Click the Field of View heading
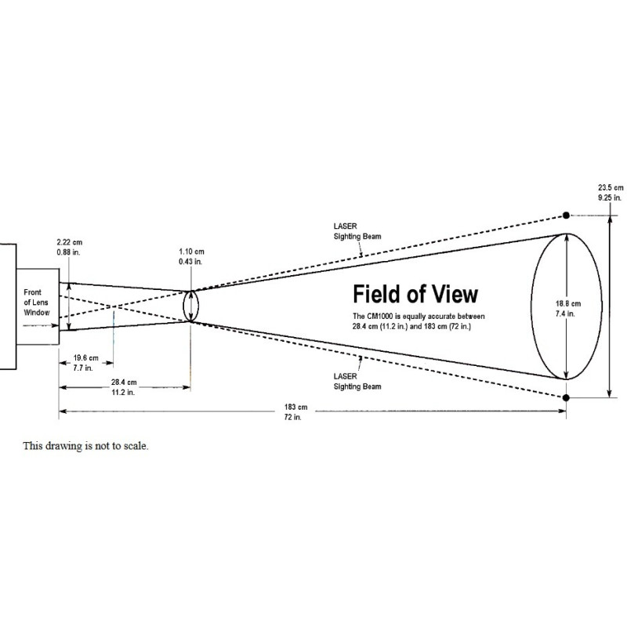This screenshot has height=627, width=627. pos(415,295)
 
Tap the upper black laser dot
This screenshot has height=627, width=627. pos(566,215)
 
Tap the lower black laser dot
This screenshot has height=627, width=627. pos(566,397)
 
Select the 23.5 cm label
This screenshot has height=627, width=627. pos(611,188)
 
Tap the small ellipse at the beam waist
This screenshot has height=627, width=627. pos(192,305)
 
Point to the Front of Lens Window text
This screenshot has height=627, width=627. pos(36,302)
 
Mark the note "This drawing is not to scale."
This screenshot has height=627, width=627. pos(85,446)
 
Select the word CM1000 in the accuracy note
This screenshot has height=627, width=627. pos(386,315)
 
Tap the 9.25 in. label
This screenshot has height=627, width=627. pos(611,198)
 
